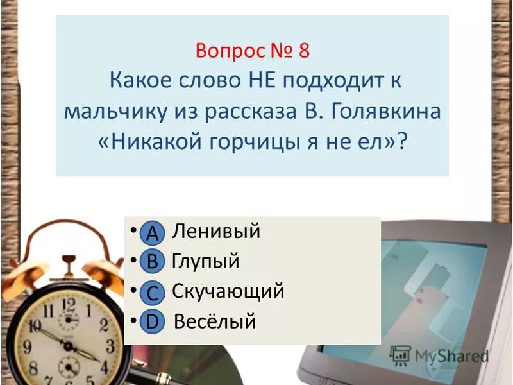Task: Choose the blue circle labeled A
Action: pyautogui.click(x=152, y=234)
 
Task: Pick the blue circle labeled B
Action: pyautogui.click(x=152, y=262)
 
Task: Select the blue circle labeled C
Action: pyautogui.click(x=152, y=293)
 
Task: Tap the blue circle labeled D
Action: pyautogui.click(x=152, y=321)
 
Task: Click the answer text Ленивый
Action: pyautogui.click(x=216, y=232)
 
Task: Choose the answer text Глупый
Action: pyautogui.click(x=205, y=262)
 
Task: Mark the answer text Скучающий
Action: pyautogui.click(x=228, y=292)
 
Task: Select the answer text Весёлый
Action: pyautogui.click(x=214, y=321)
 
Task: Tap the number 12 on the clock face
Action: pyautogui.click(x=67, y=301)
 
